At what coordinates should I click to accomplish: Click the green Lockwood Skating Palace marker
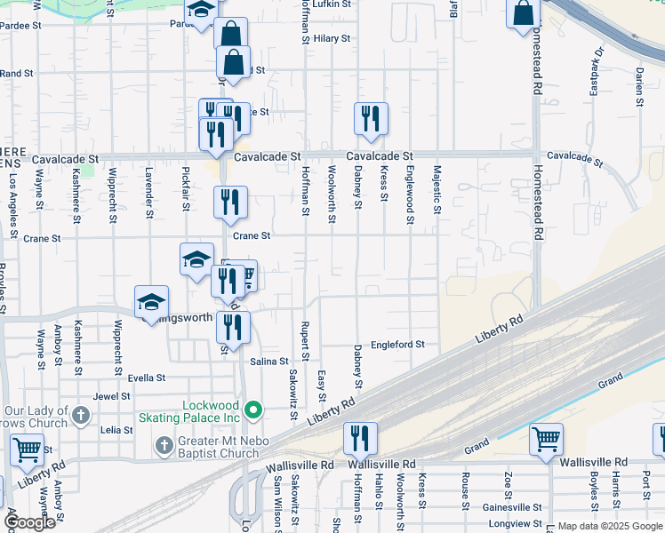253,410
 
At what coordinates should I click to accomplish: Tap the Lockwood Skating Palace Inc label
212,411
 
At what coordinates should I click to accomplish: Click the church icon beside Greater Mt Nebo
164,443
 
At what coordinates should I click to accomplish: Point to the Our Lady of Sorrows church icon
81,415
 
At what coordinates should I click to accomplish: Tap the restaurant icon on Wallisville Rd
360,438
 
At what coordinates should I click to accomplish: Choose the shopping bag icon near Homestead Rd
524,12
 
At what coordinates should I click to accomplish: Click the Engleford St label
398,344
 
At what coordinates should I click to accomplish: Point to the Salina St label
269,362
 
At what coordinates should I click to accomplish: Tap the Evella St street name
148,378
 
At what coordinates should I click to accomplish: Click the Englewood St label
410,189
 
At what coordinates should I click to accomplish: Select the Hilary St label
332,39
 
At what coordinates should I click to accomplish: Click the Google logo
29,522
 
